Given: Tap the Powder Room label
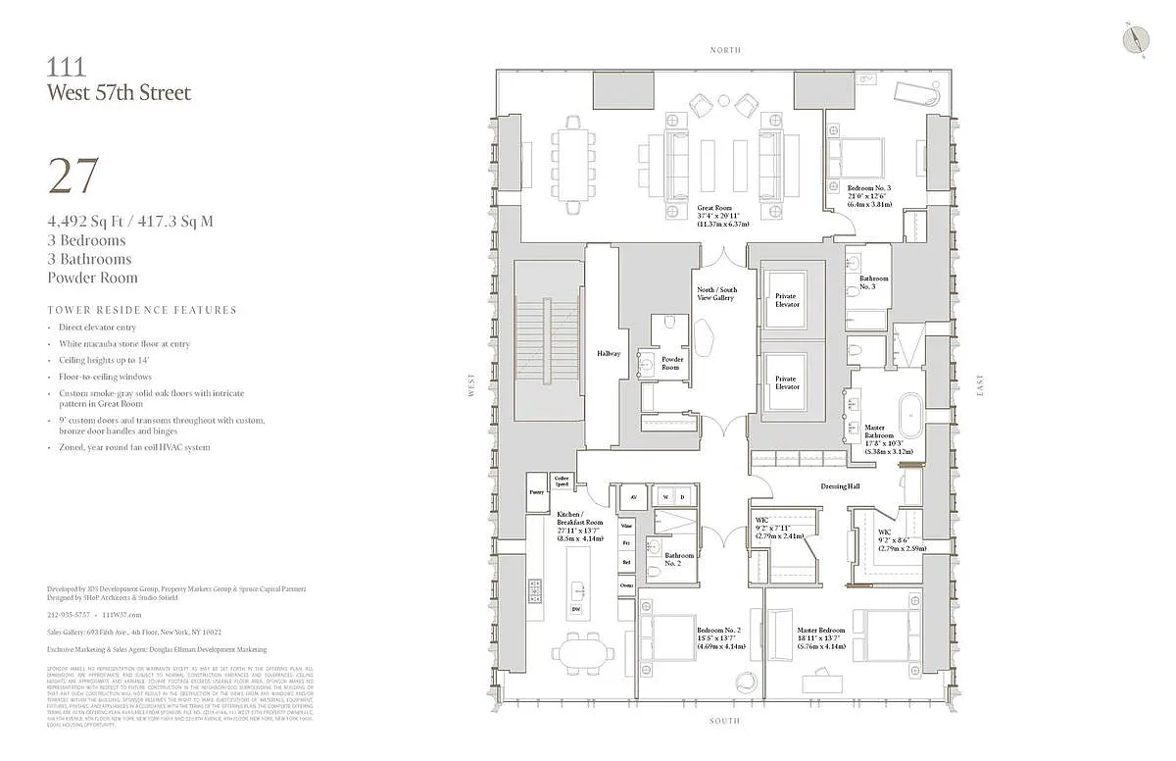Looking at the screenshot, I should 671,363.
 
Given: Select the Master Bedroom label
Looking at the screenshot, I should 820,630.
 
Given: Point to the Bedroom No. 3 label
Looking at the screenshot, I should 869,186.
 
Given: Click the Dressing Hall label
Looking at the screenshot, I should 839,486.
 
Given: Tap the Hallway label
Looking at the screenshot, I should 609,354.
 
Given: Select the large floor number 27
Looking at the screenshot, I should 73,176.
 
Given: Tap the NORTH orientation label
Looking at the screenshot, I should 726,50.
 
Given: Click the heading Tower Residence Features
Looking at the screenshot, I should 142,310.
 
